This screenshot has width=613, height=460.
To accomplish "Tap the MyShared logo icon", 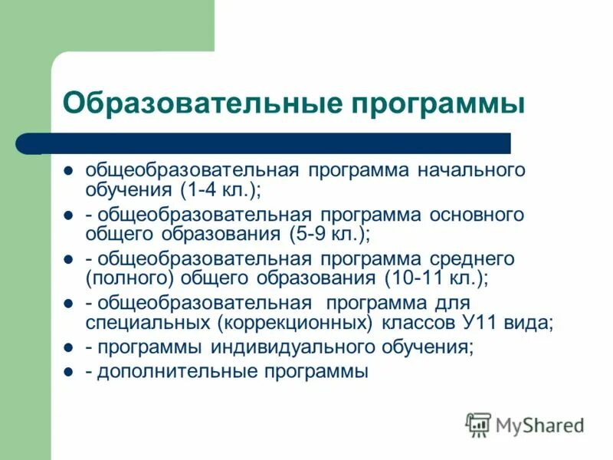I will coord(478,424).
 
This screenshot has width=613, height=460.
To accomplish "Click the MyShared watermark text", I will coord(539,425).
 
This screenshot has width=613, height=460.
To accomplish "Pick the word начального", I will coord(472,169).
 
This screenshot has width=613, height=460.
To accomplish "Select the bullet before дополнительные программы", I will coord(67,372).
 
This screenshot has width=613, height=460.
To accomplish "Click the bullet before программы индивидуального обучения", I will coord(67,347).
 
